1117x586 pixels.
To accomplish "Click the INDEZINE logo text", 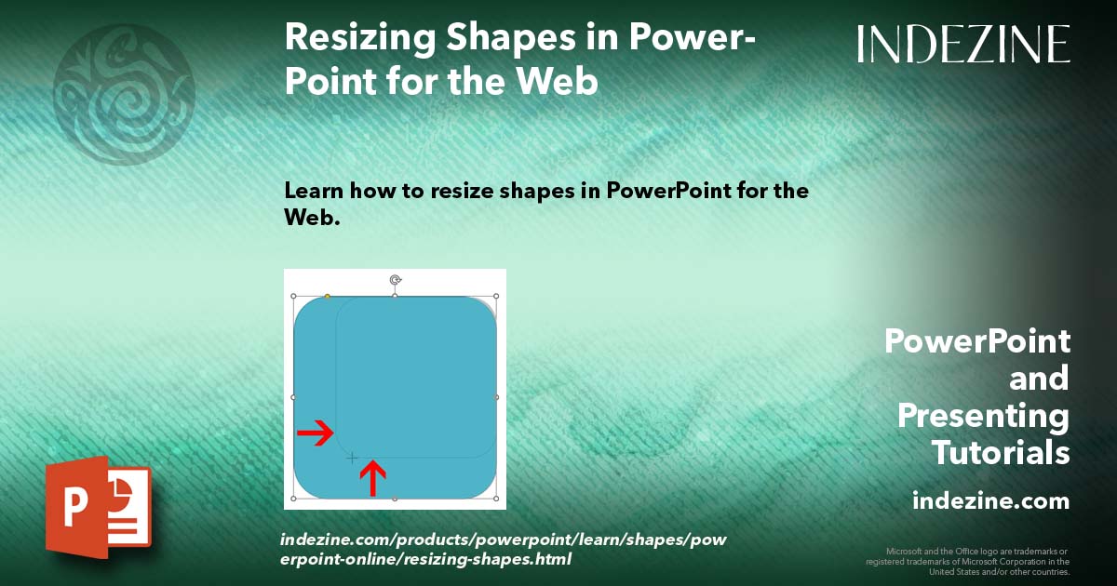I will pos(963,44).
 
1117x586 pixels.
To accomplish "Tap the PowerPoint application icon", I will pos(98,507).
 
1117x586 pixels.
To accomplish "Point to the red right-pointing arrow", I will pos(316,433).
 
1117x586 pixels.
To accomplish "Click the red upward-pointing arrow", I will pos(372,477).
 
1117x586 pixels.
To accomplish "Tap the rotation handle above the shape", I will pos(395,279).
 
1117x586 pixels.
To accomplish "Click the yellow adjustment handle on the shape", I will pos(327,297).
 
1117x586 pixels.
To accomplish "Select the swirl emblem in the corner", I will pos(124,94).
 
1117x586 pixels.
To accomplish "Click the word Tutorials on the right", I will pos(1001,453).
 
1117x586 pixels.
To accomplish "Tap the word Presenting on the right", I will pos(983,416).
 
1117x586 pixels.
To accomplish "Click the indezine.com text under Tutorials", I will pos(991,501).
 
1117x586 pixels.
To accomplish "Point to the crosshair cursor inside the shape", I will pos(352,458).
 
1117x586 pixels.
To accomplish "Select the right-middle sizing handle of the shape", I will pos(496,397).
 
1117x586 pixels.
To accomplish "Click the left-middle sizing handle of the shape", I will pos(293,397).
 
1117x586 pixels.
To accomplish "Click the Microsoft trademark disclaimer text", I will pos(967,561).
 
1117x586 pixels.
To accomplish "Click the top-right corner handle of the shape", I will pos(496,297).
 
